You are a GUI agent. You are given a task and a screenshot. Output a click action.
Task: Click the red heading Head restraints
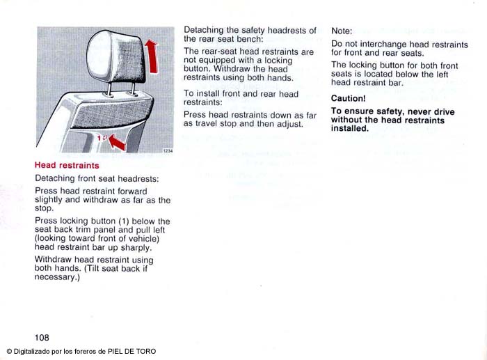click(67, 166)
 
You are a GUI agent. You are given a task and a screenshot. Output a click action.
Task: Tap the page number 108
click(42, 338)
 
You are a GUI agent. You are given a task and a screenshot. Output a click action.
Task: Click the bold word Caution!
click(348, 98)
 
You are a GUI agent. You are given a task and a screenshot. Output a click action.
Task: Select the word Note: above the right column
click(342, 31)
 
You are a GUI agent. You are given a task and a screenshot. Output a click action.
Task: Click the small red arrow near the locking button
click(115, 142)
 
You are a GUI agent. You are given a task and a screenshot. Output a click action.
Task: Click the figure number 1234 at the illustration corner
click(167, 151)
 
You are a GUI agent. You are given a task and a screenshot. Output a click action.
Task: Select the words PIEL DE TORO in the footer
click(132, 352)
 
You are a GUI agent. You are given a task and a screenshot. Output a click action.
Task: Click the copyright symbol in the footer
click(9, 352)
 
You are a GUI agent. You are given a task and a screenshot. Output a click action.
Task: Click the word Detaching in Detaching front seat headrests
click(54, 178)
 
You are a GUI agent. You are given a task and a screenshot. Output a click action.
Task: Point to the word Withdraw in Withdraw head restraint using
click(53, 260)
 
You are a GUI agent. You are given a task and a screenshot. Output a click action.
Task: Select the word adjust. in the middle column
click(287, 123)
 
